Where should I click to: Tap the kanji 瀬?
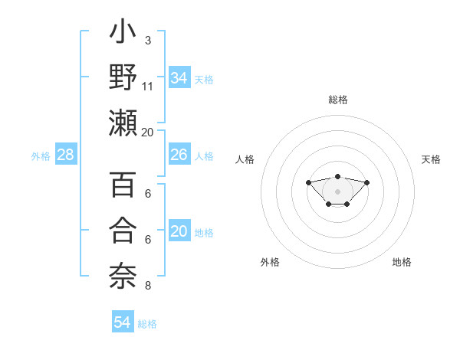[x=123, y=123]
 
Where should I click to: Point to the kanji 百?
[x=123, y=186]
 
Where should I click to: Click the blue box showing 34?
[x=179, y=77]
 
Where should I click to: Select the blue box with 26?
[x=179, y=155]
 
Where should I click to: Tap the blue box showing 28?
[x=65, y=155]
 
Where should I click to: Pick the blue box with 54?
[x=122, y=322]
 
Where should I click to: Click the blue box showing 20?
[x=179, y=231]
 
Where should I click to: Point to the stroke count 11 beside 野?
[x=148, y=86]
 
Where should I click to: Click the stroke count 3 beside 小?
[x=148, y=40]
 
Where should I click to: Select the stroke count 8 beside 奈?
[x=148, y=286]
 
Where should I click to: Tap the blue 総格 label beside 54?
[x=147, y=323]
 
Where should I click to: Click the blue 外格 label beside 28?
[x=41, y=155]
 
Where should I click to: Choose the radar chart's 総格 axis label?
[x=337, y=100]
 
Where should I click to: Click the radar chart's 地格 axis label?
[x=402, y=262]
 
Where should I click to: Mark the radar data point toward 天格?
[x=366, y=182]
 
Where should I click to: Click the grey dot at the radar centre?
[x=337, y=191]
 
